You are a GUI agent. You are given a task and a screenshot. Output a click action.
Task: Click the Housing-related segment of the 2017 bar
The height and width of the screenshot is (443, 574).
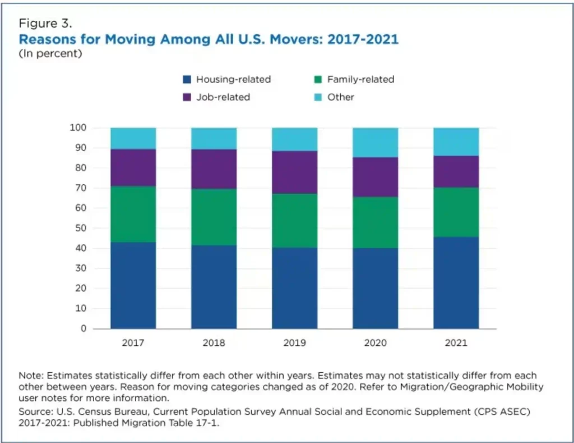coord(133,285)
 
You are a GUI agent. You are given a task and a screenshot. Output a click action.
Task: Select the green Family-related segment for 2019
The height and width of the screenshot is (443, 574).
coord(294,221)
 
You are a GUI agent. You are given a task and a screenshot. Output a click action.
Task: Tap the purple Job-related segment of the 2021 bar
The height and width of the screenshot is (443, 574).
coord(456,171)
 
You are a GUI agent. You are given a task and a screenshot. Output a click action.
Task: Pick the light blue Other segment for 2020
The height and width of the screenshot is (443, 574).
coord(375,142)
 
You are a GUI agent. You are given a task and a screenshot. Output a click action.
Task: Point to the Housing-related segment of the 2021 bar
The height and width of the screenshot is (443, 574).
coord(456,282)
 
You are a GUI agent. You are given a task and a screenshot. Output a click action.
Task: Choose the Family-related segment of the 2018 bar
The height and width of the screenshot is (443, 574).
coord(214,217)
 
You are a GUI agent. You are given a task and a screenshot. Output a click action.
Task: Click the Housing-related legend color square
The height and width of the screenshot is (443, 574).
coord(187,79)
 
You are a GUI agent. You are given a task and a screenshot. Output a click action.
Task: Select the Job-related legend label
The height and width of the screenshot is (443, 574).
coord(223,97)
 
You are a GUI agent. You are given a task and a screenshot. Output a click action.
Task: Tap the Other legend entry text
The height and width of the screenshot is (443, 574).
coord(340,97)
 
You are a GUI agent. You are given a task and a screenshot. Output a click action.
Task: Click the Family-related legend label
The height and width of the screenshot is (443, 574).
coord(360,79)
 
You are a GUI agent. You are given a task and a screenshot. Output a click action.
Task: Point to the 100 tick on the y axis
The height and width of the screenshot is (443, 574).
coord(78,128)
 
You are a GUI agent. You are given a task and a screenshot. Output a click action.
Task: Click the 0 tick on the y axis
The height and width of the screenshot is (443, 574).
coord(83,328)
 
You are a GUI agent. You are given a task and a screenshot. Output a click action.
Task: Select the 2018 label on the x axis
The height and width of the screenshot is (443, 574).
coord(214,343)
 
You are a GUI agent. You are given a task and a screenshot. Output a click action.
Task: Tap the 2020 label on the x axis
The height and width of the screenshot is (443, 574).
coord(375,343)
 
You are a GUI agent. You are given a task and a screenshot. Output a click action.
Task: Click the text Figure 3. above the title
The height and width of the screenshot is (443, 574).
coord(45,24)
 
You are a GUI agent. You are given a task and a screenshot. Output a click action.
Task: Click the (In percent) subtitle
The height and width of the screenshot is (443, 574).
coord(50,53)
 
